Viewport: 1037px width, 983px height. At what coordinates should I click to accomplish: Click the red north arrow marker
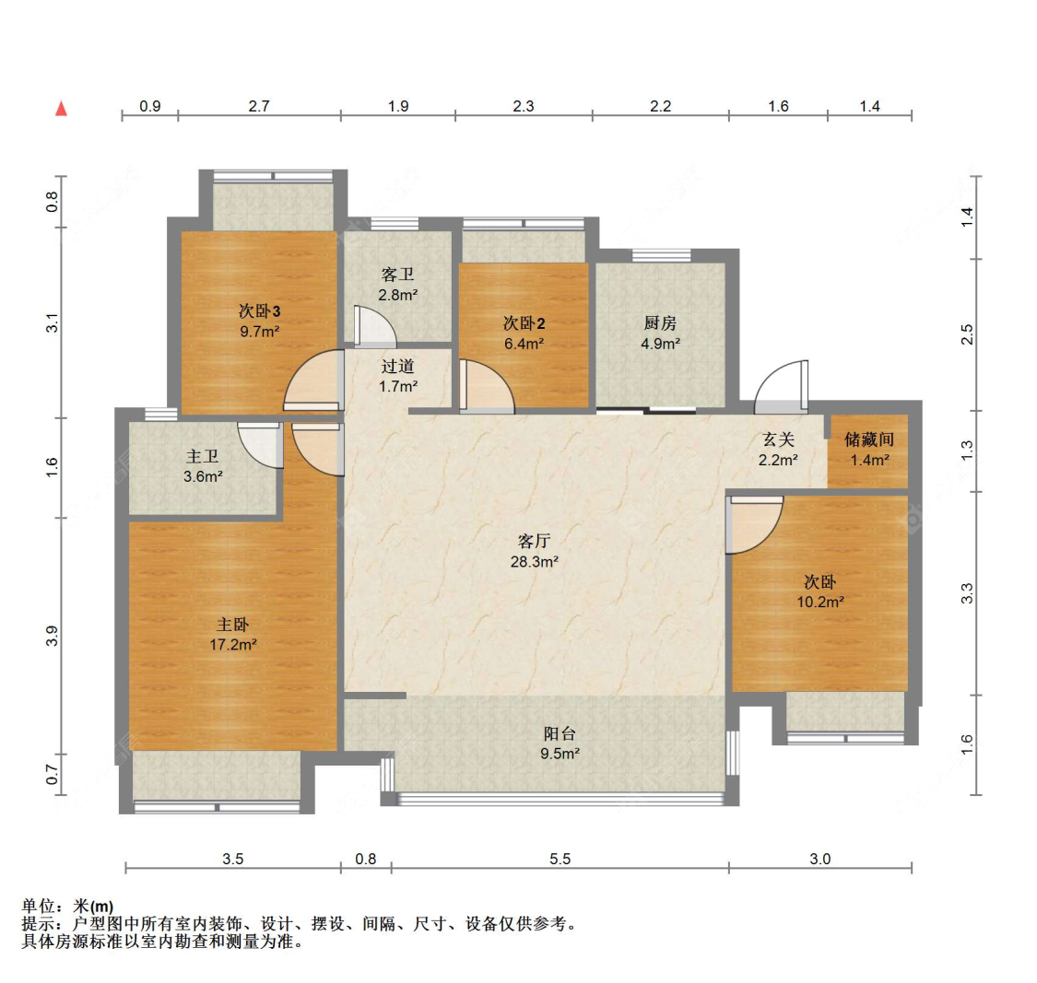[x=62, y=109]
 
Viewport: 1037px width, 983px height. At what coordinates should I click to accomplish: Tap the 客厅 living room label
[x=534, y=541]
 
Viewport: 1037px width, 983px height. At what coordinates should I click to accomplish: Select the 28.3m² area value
[x=534, y=561]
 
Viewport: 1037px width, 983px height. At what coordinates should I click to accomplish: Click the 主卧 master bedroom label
[x=232, y=625]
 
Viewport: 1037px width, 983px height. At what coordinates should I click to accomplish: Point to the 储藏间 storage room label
[x=868, y=439]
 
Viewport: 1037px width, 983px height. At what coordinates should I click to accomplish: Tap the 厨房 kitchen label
[x=660, y=323]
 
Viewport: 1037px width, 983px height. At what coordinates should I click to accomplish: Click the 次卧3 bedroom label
[x=259, y=311]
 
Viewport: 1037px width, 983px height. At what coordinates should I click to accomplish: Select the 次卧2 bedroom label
[x=523, y=323]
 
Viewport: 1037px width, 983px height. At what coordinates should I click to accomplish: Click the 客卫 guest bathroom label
[x=397, y=275]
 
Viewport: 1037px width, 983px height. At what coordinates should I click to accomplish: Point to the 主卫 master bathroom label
[x=203, y=456]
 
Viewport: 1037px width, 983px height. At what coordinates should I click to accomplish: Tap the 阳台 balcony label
[x=560, y=733]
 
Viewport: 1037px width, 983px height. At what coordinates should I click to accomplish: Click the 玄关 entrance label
[x=778, y=440]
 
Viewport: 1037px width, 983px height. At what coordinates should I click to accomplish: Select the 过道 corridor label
[x=397, y=367]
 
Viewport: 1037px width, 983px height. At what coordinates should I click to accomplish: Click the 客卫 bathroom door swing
[x=372, y=325]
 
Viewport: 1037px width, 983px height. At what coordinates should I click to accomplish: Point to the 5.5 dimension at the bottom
[x=560, y=859]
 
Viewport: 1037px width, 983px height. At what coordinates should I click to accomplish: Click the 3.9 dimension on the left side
[x=53, y=635]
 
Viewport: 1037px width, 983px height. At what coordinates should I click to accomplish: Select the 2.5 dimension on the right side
[x=967, y=334]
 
